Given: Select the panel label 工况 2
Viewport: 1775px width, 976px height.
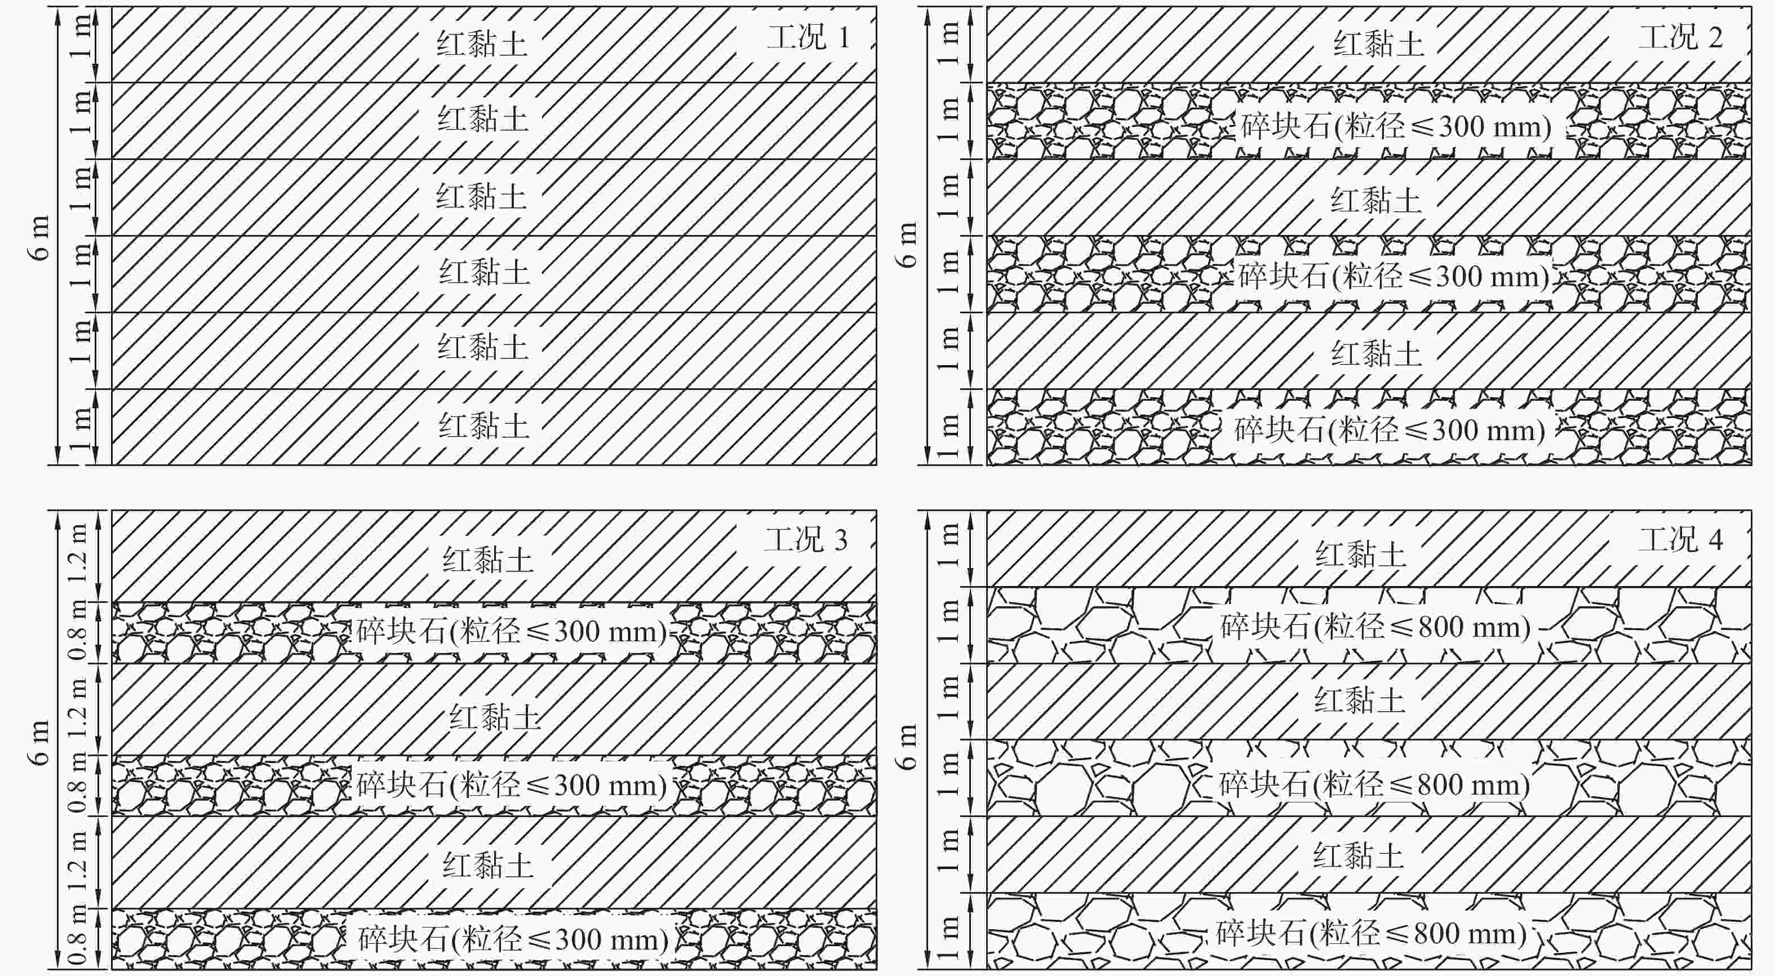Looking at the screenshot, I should click(x=1680, y=37).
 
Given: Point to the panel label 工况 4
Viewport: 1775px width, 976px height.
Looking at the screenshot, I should click(x=1680, y=540).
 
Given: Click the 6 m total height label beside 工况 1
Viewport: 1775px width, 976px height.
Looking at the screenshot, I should click(x=40, y=238).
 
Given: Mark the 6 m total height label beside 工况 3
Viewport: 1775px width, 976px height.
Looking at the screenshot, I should click(x=40, y=742).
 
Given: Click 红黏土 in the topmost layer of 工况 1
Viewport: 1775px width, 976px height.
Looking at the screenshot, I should click(x=482, y=44).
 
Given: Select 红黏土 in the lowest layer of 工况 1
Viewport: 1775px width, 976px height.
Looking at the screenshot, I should click(x=483, y=426).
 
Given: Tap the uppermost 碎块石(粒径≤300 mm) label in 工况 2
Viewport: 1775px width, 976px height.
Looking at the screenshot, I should click(x=1396, y=127).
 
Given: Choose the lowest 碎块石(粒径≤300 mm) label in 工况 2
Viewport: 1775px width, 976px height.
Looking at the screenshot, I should click(x=1389, y=430).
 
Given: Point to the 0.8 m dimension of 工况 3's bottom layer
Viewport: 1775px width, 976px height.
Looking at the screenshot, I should click(x=78, y=939).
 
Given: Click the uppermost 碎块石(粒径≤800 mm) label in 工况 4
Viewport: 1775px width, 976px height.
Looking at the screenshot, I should click(x=1375, y=627).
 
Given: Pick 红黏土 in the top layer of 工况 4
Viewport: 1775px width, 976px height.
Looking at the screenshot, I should click(x=1361, y=554).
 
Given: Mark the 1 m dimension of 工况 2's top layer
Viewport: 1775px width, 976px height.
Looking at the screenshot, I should click(x=949, y=44).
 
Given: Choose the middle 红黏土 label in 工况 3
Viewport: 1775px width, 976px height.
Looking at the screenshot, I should click(x=495, y=717).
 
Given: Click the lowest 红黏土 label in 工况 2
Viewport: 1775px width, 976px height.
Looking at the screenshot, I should click(x=1376, y=353).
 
